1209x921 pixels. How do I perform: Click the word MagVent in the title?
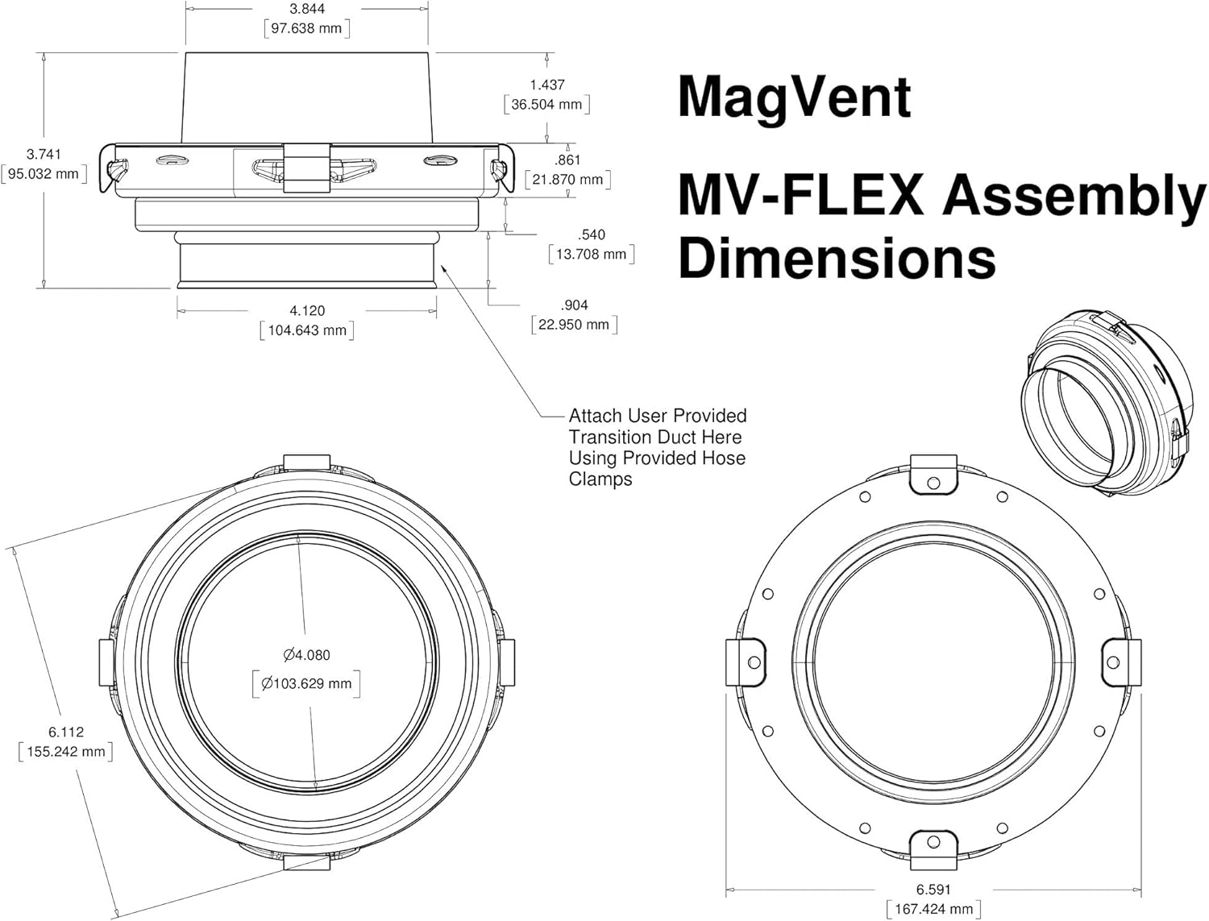click(794, 97)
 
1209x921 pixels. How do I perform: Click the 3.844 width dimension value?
click(306, 9)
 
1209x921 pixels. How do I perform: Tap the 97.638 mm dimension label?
click(306, 28)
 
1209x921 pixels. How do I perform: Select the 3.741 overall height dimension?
click(44, 154)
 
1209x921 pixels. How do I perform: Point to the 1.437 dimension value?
click(547, 85)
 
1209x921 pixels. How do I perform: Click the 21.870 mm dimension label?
click(567, 180)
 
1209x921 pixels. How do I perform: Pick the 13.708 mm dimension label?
click(591, 255)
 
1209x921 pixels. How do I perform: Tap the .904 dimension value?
click(574, 305)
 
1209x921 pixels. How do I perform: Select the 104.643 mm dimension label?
click(307, 330)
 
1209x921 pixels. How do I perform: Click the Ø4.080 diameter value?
click(306, 655)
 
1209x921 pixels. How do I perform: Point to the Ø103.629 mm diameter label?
click(306, 683)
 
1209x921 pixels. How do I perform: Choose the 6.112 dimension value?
click(66, 732)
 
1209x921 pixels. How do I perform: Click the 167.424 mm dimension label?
click(933, 910)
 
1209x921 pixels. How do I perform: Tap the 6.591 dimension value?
click(933, 890)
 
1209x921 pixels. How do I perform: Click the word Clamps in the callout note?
click(600, 479)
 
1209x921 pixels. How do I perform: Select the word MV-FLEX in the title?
click(800, 196)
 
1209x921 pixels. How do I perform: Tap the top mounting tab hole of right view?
click(933, 483)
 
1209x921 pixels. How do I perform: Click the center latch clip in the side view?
click(306, 168)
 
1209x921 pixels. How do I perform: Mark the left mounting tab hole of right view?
click(754, 662)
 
